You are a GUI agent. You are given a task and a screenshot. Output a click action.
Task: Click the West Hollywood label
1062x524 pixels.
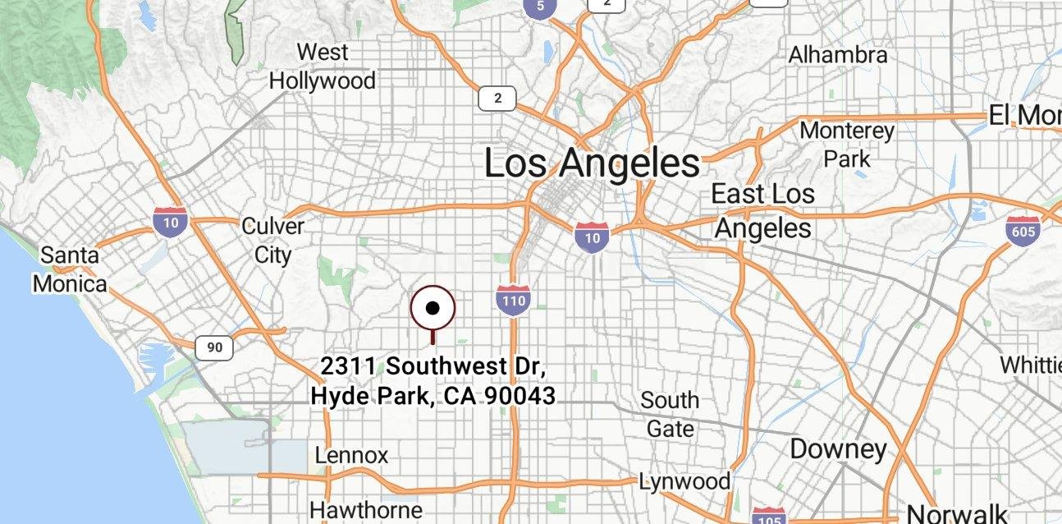pos(322,67)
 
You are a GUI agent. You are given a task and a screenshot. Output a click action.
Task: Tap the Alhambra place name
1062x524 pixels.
pos(837,55)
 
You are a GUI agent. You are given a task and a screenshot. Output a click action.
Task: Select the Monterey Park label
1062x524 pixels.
pos(846,144)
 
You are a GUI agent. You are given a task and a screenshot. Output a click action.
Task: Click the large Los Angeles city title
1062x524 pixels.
pos(592,163)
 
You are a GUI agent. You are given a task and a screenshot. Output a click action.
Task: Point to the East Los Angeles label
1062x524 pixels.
pos(762,210)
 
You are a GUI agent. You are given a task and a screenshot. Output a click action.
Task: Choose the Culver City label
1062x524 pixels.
pos(272,240)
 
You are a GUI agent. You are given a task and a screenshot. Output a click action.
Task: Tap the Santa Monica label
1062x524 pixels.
pos(70,269)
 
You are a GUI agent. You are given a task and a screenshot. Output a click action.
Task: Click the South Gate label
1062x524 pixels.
pos(670,414)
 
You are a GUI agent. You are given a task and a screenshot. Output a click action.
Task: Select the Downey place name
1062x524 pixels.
pos(838,449)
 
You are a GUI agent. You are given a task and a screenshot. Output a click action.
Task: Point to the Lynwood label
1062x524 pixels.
pos(684,480)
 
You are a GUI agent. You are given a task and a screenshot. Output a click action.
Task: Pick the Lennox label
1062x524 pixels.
pos(351,455)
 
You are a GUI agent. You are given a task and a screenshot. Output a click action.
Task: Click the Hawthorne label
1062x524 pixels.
pos(366,509)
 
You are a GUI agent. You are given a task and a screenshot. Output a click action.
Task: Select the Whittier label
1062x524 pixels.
pos(1030,364)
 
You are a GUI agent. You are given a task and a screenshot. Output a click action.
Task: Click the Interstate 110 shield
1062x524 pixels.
pos(513,300)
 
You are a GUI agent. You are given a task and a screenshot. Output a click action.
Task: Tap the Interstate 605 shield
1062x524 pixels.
pos(1022,231)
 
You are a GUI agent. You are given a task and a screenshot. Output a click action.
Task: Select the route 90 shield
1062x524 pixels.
pos(214,347)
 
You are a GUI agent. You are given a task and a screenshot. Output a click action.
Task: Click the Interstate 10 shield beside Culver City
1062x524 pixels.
pos(170,222)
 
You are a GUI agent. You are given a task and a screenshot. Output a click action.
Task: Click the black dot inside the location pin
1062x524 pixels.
pos(433,309)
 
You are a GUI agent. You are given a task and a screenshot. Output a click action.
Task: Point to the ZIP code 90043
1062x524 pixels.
pos(520,396)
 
